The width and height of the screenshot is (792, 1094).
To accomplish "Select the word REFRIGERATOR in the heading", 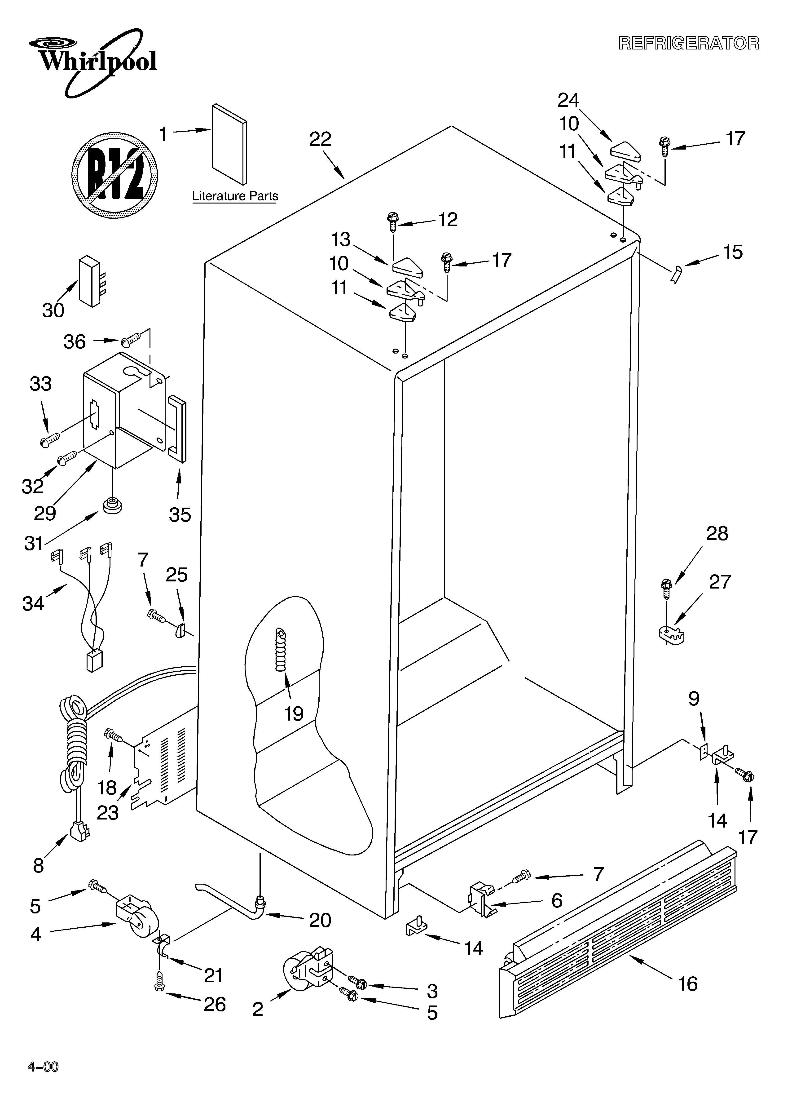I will coord(689,43).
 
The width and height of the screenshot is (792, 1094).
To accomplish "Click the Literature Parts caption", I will coord(235,196).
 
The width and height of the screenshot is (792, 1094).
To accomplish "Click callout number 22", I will coord(320,139).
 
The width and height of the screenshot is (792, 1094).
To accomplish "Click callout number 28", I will coord(717,533).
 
